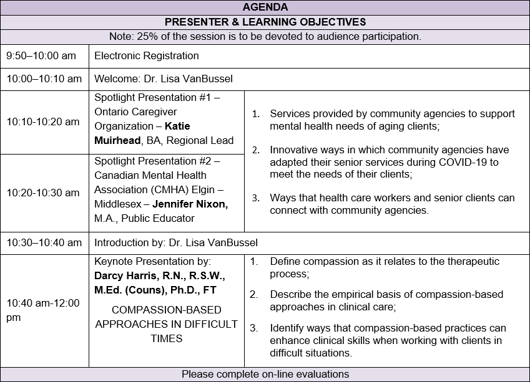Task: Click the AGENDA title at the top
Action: click(265, 7)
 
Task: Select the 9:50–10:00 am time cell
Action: click(41, 55)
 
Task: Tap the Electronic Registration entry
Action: click(147, 55)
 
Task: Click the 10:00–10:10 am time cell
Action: click(44, 79)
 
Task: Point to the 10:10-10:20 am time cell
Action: click(43, 122)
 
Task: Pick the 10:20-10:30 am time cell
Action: click(43, 193)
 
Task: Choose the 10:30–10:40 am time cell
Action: click(44, 242)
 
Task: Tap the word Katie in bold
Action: click(177, 126)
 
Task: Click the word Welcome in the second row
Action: click(115, 79)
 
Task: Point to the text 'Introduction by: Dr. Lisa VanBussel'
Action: click(176, 242)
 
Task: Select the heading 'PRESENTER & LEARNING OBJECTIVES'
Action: click(265, 22)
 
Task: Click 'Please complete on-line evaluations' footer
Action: click(265, 374)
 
